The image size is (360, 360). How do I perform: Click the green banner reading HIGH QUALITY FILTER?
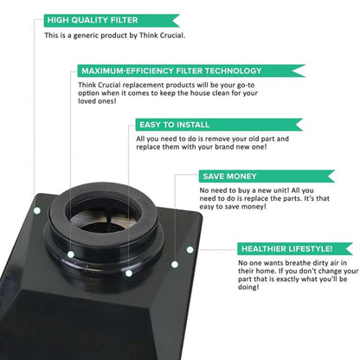tap(112, 20)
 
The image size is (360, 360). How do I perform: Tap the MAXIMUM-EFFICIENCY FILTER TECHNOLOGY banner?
tap(191, 71)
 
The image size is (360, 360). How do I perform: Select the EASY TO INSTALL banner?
tap(219, 125)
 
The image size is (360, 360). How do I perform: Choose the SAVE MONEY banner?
tap(267, 177)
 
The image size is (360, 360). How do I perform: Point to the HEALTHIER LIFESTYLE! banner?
tap(295, 248)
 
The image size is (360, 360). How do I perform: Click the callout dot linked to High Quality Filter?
tap(37, 210)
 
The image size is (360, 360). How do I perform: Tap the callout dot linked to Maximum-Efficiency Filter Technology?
tap(71, 254)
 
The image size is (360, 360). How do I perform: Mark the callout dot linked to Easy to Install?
tap(129, 273)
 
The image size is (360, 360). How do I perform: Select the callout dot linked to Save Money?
tap(175, 264)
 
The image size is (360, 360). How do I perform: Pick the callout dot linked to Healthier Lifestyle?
tap(190, 250)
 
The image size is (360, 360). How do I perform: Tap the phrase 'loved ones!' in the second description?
tap(97, 101)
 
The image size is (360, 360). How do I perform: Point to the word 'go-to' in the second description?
tap(246, 86)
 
